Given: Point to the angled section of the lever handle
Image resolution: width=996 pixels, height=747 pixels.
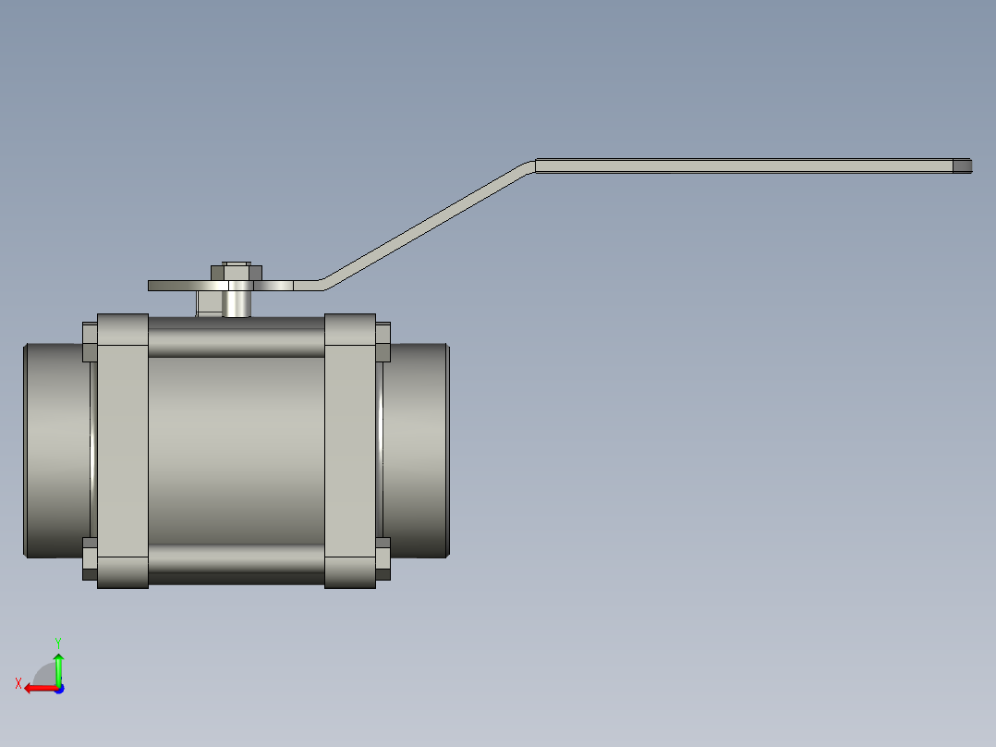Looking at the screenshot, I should pos(425,222).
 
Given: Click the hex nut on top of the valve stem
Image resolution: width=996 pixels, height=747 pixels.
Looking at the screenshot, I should pos(237,271).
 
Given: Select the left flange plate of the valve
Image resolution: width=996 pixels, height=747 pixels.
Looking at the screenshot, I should pos(123,451).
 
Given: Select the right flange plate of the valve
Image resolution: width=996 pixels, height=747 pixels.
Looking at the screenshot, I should pos(350,451).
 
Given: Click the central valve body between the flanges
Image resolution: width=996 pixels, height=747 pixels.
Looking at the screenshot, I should pos(237,451).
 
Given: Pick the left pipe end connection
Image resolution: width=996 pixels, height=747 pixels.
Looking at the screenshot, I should pos(55,450).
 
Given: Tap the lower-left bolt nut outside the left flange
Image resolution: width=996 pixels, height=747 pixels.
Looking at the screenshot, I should pos(90,559).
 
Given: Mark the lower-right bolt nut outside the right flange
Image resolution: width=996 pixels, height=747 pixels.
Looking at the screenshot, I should pos(383,559).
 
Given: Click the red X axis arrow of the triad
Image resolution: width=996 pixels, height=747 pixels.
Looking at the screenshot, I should pos(37,688).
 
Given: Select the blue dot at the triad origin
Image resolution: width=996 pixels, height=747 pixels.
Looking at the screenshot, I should pos(58,688).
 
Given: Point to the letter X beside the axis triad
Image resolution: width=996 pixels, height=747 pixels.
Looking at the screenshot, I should pos(18,684).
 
